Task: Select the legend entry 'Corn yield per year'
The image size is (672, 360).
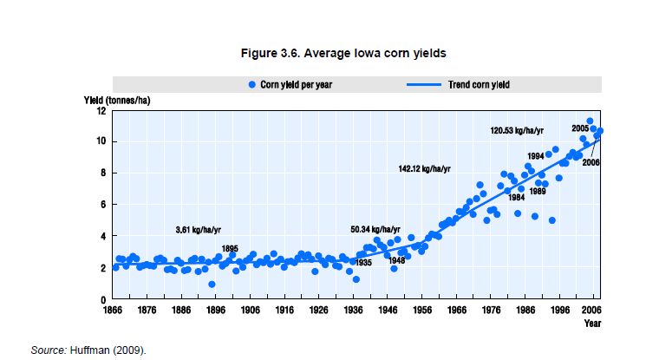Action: (x=290, y=84)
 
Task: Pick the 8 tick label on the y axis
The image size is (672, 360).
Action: (x=103, y=173)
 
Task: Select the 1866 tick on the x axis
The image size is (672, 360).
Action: (x=113, y=309)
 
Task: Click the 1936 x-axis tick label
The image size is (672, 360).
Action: (x=353, y=309)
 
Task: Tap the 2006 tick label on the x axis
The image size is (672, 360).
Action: (x=591, y=309)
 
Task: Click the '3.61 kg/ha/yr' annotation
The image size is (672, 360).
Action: (x=200, y=230)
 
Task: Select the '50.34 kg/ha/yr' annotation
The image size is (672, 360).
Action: (x=375, y=230)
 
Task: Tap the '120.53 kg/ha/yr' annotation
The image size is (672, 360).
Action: (x=519, y=130)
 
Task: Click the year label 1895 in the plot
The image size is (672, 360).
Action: (x=230, y=248)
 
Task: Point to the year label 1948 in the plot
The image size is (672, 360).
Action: (x=396, y=261)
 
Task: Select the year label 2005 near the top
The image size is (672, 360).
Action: (x=580, y=128)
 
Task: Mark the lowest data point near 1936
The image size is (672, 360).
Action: (x=356, y=279)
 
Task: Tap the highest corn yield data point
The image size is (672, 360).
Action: (x=590, y=121)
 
